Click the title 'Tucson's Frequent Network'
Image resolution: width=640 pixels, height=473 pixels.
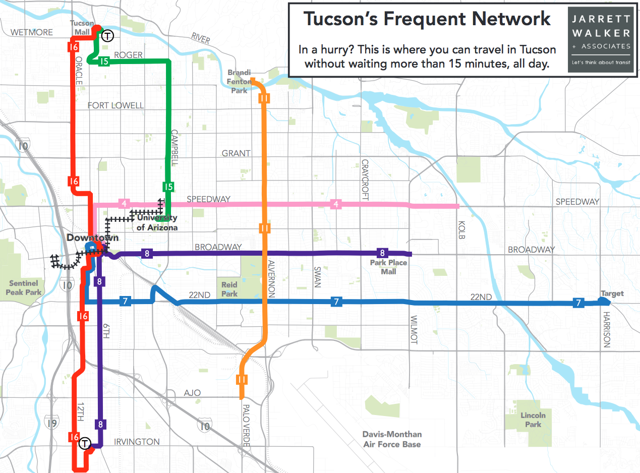tap(426, 20)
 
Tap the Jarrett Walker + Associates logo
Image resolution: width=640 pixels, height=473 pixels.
tap(600, 39)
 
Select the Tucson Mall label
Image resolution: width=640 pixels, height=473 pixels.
tap(82, 28)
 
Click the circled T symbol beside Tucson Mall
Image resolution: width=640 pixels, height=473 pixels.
tap(107, 36)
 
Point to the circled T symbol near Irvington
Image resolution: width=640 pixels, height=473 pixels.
tap(85, 443)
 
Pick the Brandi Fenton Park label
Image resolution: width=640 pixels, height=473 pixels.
tap(239, 81)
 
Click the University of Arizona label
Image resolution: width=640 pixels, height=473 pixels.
tap(157, 223)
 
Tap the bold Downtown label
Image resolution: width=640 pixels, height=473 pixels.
tap(92, 238)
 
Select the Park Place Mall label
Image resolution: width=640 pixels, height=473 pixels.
tap(388, 267)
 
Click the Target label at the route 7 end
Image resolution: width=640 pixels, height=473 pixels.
tap(612, 293)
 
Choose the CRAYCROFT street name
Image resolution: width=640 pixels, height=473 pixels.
tap(365, 181)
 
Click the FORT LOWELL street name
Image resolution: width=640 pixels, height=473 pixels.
tap(115, 105)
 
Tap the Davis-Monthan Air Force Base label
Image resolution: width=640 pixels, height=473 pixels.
tap(392, 439)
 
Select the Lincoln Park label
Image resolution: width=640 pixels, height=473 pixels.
tap(533, 420)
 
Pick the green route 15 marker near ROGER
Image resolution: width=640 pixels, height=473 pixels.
tap(104, 62)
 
